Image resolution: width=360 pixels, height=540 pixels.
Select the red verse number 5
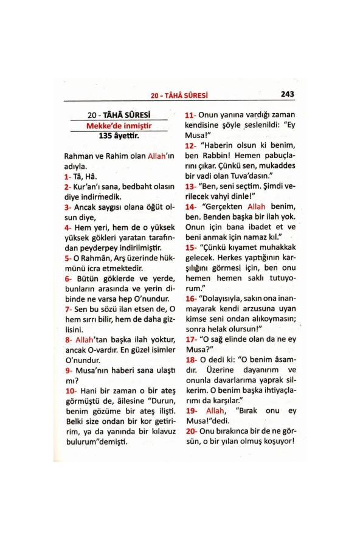tap(66, 258)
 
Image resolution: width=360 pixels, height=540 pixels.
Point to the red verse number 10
tap(69, 390)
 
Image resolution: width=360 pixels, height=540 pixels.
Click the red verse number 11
tap(189, 114)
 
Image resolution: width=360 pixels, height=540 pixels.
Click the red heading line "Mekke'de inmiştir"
tap(119, 126)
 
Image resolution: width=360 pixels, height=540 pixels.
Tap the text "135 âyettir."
tap(119, 136)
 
